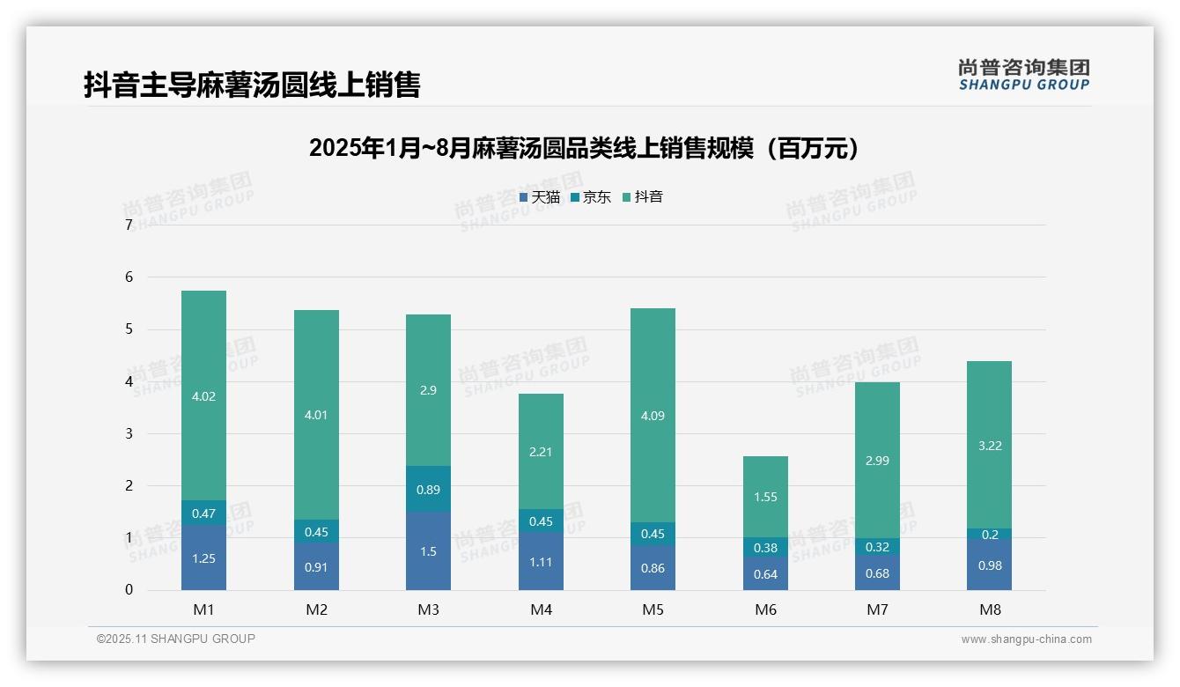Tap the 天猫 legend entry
tap(540, 196)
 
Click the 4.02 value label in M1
tap(203, 396)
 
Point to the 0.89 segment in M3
tap(428, 490)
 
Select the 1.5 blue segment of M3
tap(428, 551)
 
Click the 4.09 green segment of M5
tap(653, 416)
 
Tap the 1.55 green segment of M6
tap(765, 497)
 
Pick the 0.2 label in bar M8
tap(990, 535)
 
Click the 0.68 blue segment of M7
tap(877, 573)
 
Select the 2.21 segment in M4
tap(541, 452)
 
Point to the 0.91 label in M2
tap(316, 567)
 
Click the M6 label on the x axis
tap(765, 609)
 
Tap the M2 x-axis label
tap(316, 609)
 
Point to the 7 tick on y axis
tap(129, 225)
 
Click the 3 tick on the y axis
tap(129, 433)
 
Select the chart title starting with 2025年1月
tap(584, 149)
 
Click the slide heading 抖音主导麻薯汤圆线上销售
tap(252, 85)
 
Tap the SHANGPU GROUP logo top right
tap(1023, 75)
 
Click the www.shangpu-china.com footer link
tap(1026, 639)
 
